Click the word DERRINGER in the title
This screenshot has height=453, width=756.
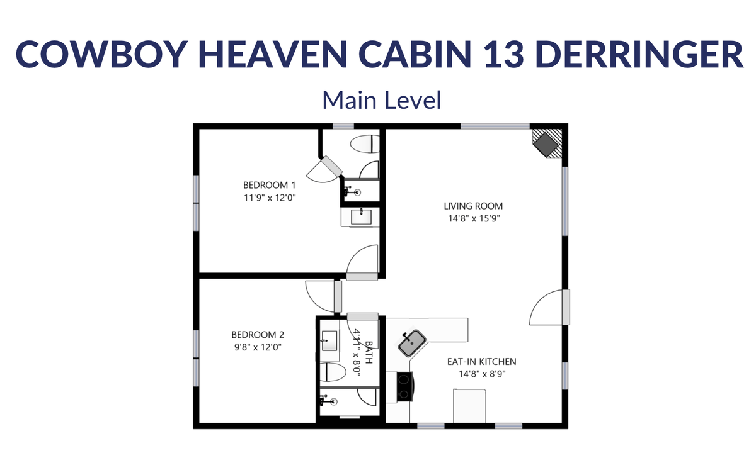pyautogui.click(x=639, y=54)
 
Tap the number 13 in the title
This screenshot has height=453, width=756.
pyautogui.click(x=503, y=54)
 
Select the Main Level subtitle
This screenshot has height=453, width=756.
pyautogui.click(x=382, y=100)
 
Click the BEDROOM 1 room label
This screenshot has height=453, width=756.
pyautogui.click(x=270, y=185)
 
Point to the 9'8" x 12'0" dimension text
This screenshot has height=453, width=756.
pyautogui.click(x=258, y=347)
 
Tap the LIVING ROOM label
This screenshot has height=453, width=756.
pyautogui.click(x=473, y=206)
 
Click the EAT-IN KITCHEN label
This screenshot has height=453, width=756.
pyautogui.click(x=481, y=362)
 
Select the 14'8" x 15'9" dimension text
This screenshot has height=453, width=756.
pyautogui.click(x=474, y=218)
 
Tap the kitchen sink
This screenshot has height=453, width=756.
pyautogui.click(x=412, y=343)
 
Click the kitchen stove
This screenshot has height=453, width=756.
pyautogui.click(x=404, y=386)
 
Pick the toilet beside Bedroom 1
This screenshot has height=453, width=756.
pyautogui.click(x=365, y=144)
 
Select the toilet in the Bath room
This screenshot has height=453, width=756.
pyautogui.click(x=333, y=372)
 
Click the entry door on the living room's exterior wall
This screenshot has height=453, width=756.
pyautogui.click(x=550, y=308)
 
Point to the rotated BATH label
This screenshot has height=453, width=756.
pyautogui.click(x=369, y=352)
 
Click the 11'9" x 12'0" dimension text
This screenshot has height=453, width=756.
pyautogui.click(x=270, y=198)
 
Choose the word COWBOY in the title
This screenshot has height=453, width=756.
pyautogui.click(x=101, y=54)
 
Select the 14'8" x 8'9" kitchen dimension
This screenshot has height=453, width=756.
pyautogui.click(x=482, y=374)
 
